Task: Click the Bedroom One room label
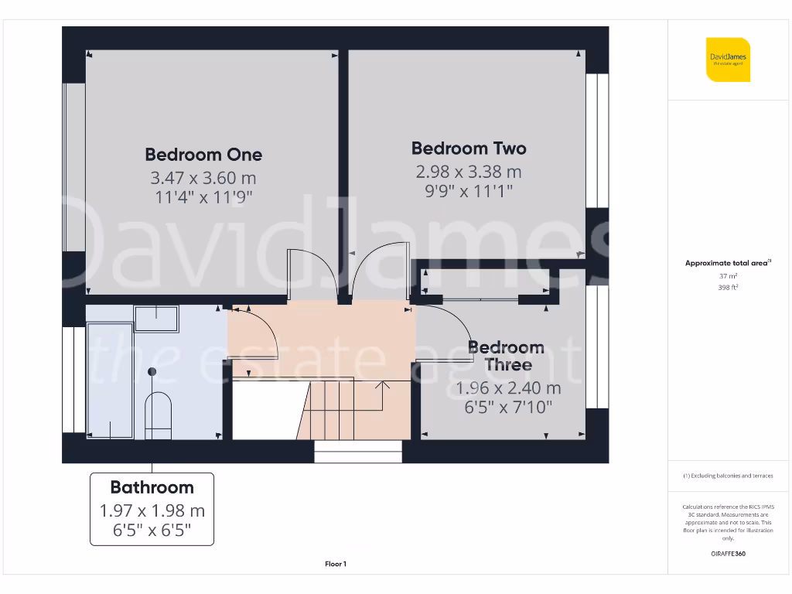(203, 155)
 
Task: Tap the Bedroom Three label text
(507, 356)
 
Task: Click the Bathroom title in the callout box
(152, 487)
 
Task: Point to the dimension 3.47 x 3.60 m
(203, 178)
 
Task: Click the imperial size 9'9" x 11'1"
(468, 190)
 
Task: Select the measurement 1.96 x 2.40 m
(508, 388)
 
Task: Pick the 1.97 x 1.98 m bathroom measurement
(152, 511)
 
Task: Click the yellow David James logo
(727, 59)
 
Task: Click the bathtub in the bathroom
(111, 381)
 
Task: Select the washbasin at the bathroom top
(156, 317)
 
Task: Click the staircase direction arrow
(381, 384)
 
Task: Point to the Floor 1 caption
(336, 565)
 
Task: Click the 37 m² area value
(727, 275)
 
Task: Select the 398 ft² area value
(727, 287)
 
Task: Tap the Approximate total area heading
(727, 264)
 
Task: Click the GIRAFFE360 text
(727, 554)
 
